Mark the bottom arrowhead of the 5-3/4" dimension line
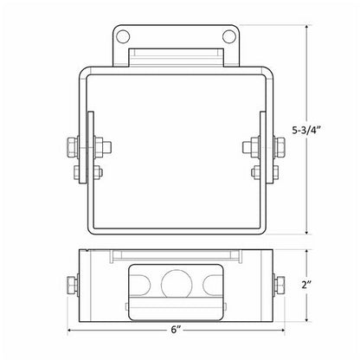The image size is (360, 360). coord(308,231)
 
